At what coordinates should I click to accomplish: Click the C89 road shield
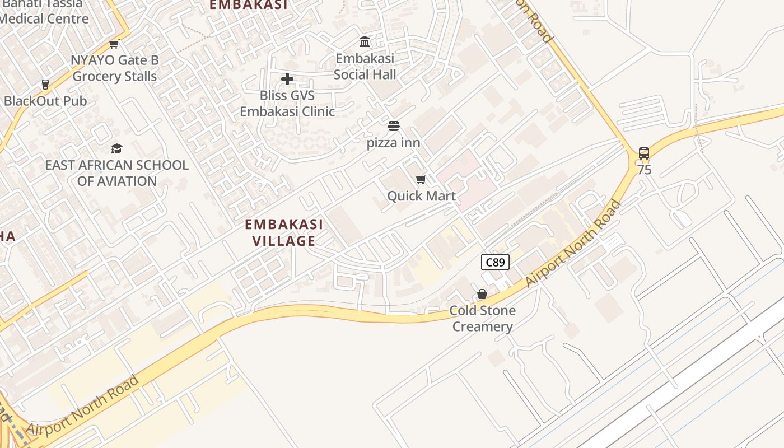point(495,262)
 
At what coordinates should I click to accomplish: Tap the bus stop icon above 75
point(644,153)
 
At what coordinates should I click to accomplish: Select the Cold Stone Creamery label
point(482,319)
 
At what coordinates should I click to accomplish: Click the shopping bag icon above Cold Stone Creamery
point(482,294)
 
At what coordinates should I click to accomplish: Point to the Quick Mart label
point(421,196)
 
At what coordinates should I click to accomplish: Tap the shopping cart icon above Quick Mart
point(421,179)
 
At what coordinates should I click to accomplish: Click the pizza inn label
point(393,143)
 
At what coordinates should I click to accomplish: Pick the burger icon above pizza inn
point(394,126)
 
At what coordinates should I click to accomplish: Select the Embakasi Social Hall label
point(365,67)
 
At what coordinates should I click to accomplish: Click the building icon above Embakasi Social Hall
point(365,42)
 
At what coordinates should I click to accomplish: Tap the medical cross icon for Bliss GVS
point(287,79)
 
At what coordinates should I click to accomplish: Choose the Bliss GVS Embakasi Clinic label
point(287,104)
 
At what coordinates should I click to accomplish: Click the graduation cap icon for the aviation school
point(116,148)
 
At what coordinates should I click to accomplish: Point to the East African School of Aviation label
point(116,173)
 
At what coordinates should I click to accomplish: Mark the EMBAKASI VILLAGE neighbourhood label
point(284,232)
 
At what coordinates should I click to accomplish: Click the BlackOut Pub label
point(45,101)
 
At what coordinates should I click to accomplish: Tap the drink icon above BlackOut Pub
point(45,85)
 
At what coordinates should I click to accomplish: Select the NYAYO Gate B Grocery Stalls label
point(115,68)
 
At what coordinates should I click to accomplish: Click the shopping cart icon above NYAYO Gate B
point(114,44)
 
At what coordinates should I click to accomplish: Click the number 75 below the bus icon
point(644,170)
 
